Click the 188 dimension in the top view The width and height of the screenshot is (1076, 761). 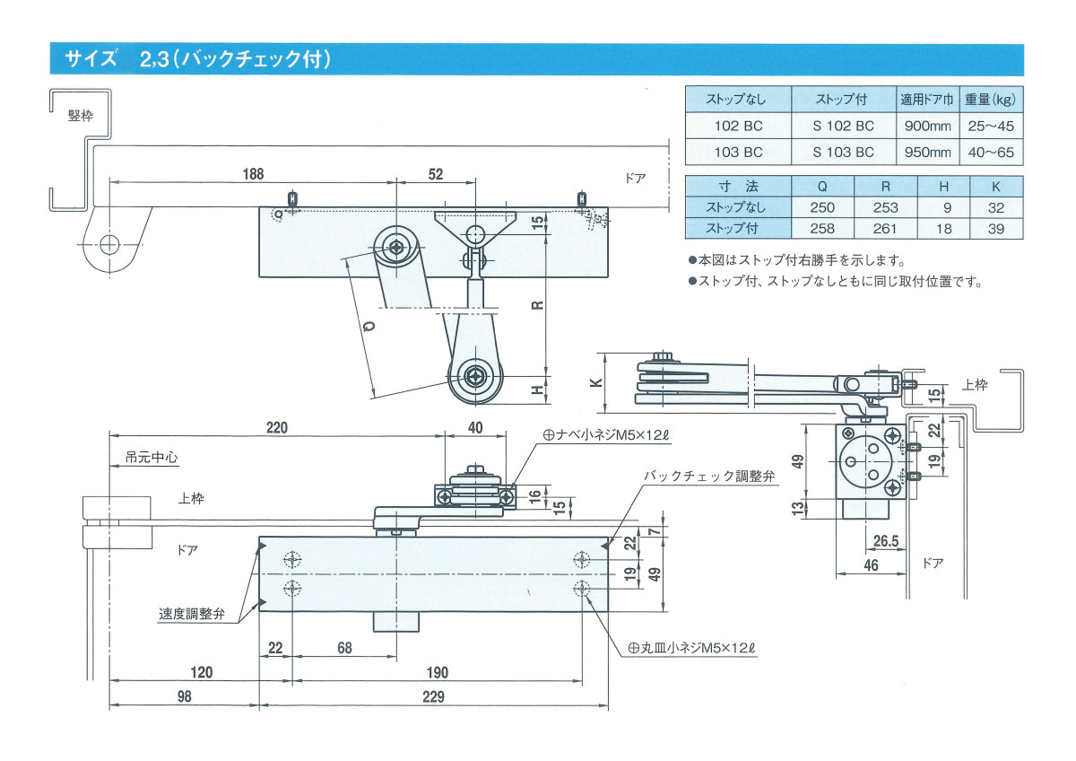coord(254,174)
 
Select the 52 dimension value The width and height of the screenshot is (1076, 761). coord(436,174)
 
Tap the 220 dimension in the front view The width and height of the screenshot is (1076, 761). coord(276,428)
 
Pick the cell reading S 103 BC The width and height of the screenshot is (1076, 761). coord(843,153)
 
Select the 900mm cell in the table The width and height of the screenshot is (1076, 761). coord(928,126)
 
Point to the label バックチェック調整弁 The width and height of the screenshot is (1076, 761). coord(708,477)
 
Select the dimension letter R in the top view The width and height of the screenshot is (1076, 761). coord(536,303)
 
